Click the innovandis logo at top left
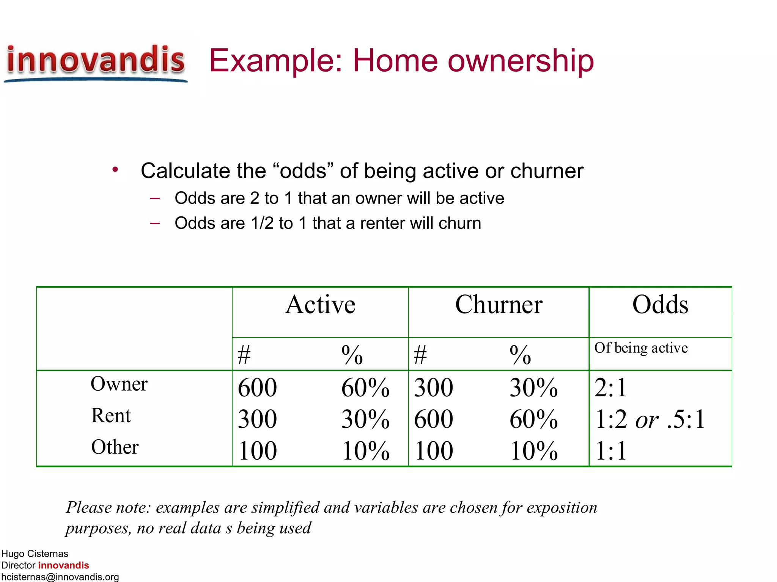point(96,61)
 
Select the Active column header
point(320,305)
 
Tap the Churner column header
point(499,305)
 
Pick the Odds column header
point(660,305)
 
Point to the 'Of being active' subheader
point(641,348)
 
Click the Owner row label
point(119,384)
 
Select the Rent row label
point(111,416)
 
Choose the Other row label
point(115,447)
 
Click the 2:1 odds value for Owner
point(610,388)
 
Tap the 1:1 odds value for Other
point(610,451)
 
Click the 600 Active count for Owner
point(257,388)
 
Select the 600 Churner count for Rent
point(433,419)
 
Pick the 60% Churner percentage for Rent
point(533,419)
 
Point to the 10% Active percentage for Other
point(365,451)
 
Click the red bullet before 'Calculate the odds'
point(115,169)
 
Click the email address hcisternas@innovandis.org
point(60,577)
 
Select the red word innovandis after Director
point(63,565)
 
